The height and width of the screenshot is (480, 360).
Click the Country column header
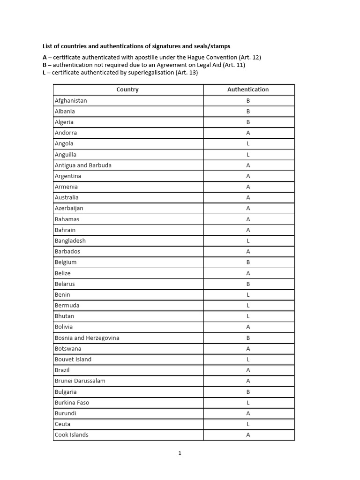(x=127, y=90)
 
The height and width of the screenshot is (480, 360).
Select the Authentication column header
(x=248, y=90)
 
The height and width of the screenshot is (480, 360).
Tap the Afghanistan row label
(x=71, y=101)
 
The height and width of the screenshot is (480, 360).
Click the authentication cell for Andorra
(x=248, y=133)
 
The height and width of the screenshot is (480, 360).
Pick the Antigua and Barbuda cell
(x=83, y=165)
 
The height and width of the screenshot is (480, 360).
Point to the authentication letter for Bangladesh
(x=248, y=241)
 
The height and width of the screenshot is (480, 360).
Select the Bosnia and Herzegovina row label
(x=87, y=338)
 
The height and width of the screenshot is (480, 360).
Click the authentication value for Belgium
(x=248, y=262)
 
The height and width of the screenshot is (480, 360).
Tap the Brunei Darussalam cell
(x=80, y=381)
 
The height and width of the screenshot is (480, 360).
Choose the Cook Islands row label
(x=71, y=435)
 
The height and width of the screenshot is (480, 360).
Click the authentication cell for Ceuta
(x=248, y=424)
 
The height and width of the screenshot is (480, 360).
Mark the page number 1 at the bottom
(x=180, y=453)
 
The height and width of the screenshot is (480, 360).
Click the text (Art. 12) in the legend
(x=250, y=57)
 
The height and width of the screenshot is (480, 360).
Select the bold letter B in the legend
(x=45, y=65)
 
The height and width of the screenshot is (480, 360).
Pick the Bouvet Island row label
(x=73, y=360)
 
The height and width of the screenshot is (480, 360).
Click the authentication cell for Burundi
(x=248, y=413)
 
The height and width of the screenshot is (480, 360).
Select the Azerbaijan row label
(x=69, y=208)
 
